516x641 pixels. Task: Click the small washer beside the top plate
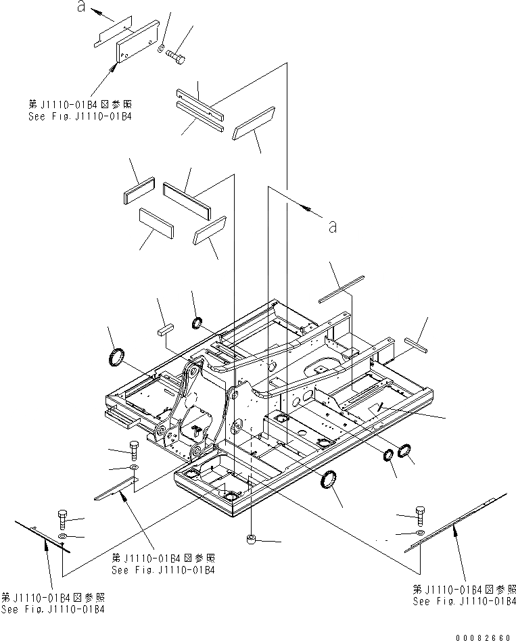[160, 49]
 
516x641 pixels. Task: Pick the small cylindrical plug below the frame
[251, 539]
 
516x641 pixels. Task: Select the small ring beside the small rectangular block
[198, 322]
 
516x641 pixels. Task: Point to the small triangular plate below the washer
[115, 488]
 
